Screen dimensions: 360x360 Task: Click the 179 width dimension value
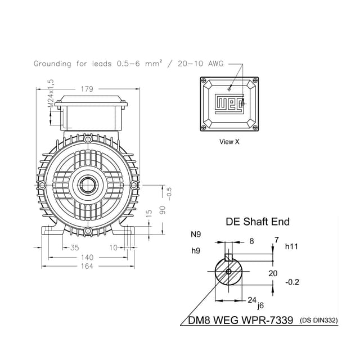87,89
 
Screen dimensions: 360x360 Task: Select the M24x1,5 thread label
51,93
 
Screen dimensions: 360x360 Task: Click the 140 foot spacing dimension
87,256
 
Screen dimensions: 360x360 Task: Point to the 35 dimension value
74,247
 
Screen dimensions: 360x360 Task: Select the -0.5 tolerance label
169,193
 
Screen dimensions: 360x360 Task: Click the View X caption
229,142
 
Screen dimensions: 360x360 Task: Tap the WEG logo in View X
229,104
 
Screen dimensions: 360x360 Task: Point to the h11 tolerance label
291,246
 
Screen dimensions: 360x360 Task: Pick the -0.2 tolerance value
293,282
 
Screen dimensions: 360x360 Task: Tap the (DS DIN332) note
319,320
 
